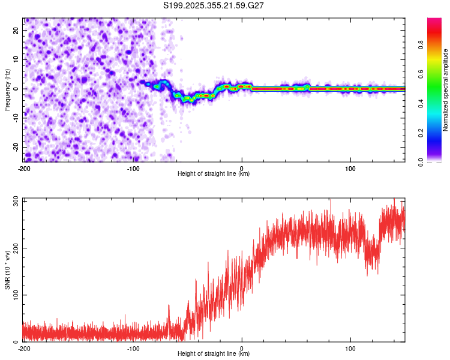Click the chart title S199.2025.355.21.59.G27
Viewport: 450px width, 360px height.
(x=214, y=5)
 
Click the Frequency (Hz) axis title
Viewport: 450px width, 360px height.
(x=7, y=89)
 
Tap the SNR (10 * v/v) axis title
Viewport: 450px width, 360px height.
(x=7, y=269)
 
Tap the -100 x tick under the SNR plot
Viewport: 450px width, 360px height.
(x=133, y=349)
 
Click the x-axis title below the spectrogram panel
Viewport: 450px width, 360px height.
(x=214, y=174)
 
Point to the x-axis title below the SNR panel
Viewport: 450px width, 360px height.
(x=214, y=354)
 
